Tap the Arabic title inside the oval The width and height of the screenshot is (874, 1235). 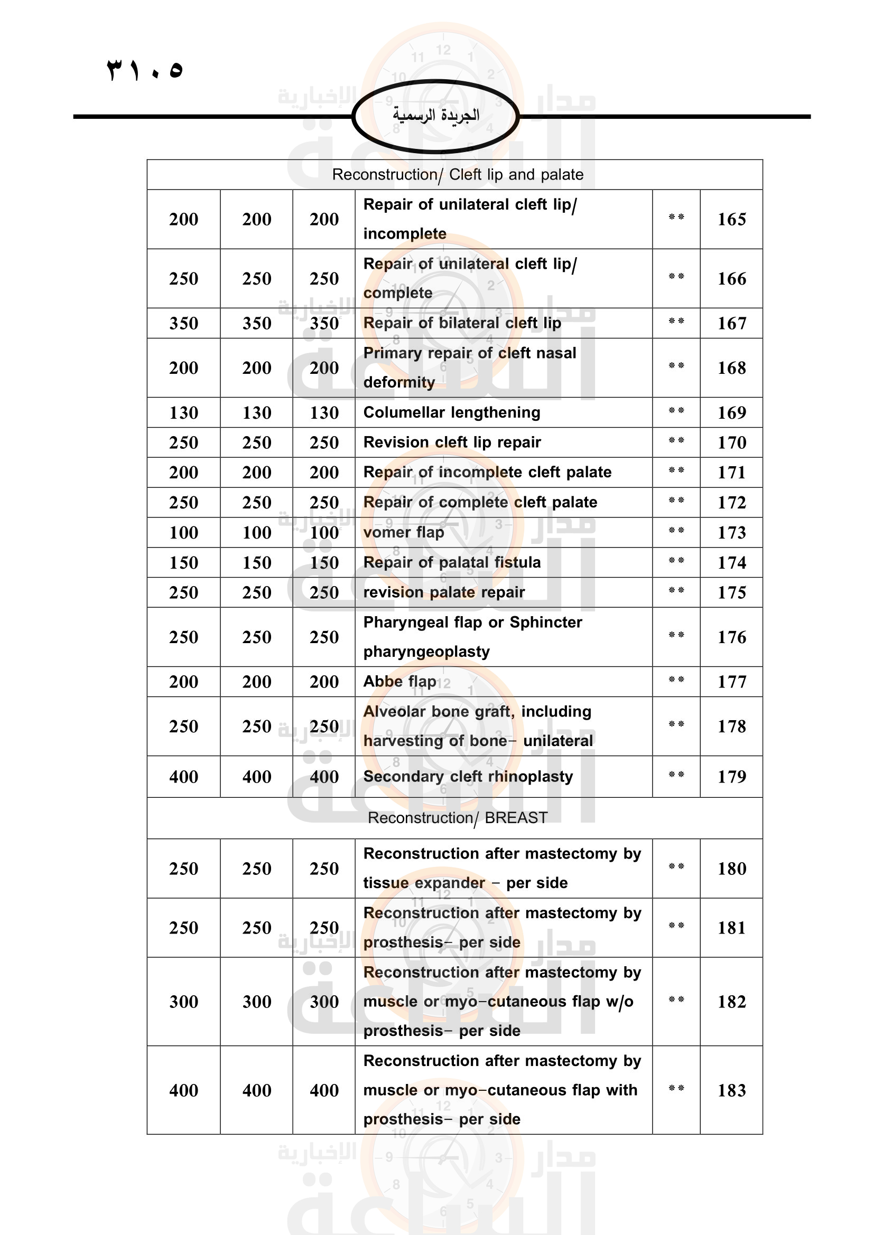coord(436,115)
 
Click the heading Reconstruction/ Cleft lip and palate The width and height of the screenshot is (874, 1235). coord(458,175)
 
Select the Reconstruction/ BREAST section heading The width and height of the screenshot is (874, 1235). coord(458,817)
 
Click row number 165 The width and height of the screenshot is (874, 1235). coord(731,220)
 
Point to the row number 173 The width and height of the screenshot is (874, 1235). coord(731,533)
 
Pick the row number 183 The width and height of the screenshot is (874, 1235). coord(731,1090)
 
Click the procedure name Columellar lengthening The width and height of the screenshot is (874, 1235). coord(451,412)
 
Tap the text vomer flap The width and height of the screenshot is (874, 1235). coord(404,533)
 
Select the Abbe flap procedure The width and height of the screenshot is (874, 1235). coord(399,682)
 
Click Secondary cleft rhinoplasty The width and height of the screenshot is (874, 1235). coord(468,777)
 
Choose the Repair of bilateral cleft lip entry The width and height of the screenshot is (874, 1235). coord(462,323)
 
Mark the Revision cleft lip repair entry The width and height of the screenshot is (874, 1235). coord(451,442)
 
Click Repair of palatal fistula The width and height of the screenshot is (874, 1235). coord(451,563)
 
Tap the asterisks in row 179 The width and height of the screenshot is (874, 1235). coord(676,775)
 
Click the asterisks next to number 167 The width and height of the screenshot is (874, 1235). coord(676,322)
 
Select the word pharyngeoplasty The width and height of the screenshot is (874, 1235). coord(426,652)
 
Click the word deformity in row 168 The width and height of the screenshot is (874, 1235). coord(399,382)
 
